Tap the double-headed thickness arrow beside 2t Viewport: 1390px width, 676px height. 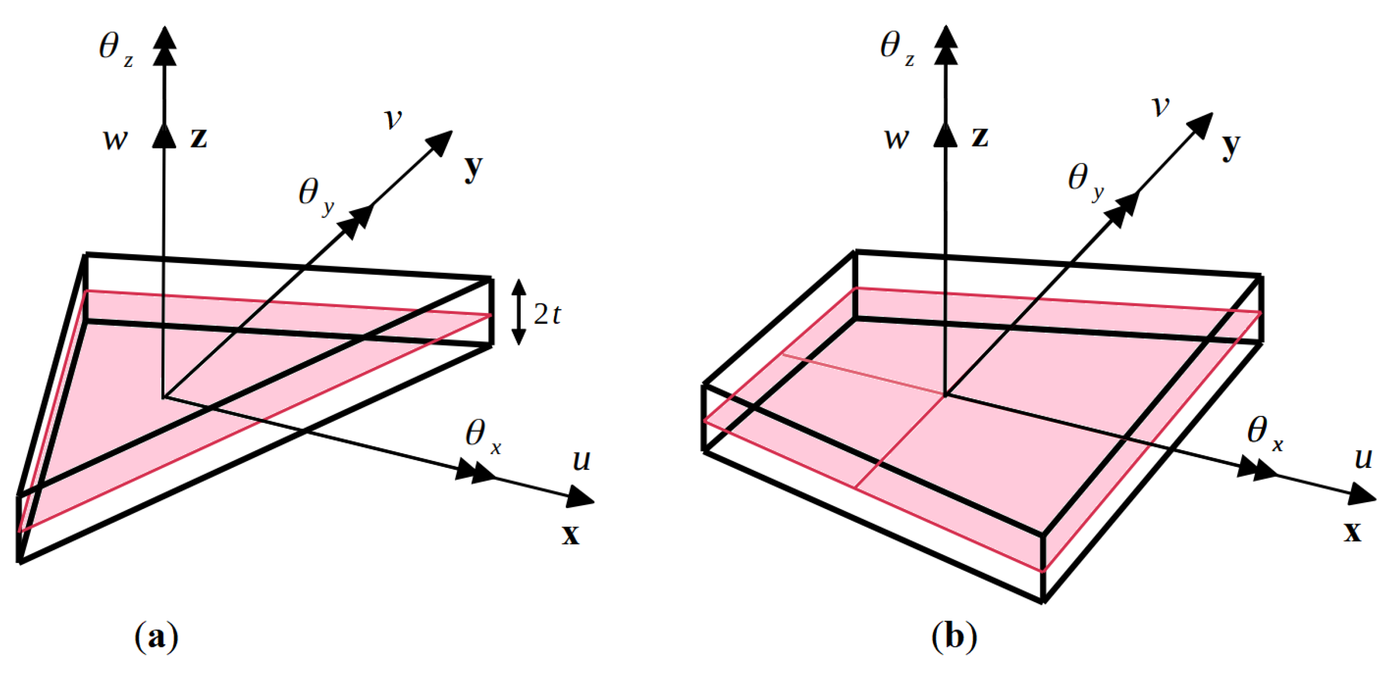(518, 312)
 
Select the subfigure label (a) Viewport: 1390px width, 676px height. (156, 637)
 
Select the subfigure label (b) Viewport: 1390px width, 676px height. (954, 637)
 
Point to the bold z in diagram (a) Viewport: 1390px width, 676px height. (198, 137)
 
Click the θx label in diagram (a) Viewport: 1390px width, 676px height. (482, 436)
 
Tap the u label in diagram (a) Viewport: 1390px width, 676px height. (581, 461)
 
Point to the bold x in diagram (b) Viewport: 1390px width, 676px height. (1352, 531)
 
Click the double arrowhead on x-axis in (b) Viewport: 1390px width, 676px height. (1257, 467)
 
